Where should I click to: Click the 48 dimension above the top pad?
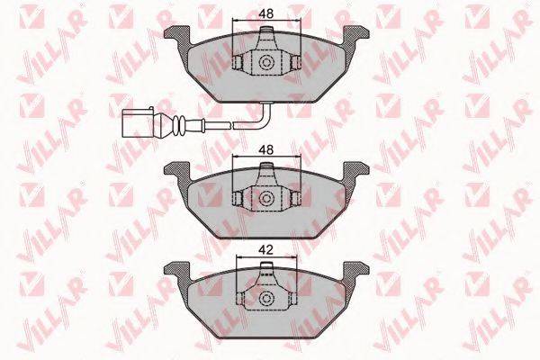pyautogui.click(x=266, y=13)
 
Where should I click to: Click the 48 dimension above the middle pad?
pyautogui.click(x=266, y=150)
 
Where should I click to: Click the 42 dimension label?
pyautogui.click(x=266, y=250)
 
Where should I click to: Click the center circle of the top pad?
pyautogui.click(x=265, y=62)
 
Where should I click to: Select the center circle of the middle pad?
pyautogui.click(x=265, y=198)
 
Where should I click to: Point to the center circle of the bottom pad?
pyautogui.click(x=265, y=298)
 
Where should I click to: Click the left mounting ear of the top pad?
pyautogui.click(x=177, y=36)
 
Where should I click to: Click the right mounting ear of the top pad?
pyautogui.click(x=355, y=36)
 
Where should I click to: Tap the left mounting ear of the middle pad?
pyautogui.click(x=177, y=172)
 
